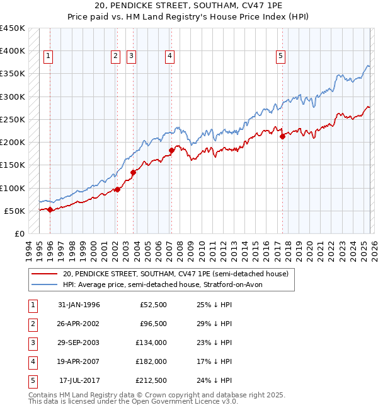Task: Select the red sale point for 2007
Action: tap(171, 150)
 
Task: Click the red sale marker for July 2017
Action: tap(282, 136)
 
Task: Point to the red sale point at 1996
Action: tap(50, 209)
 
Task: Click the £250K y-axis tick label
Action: tap(13, 119)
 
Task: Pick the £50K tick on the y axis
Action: tap(15, 211)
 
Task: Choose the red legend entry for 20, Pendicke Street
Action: tap(175, 274)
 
